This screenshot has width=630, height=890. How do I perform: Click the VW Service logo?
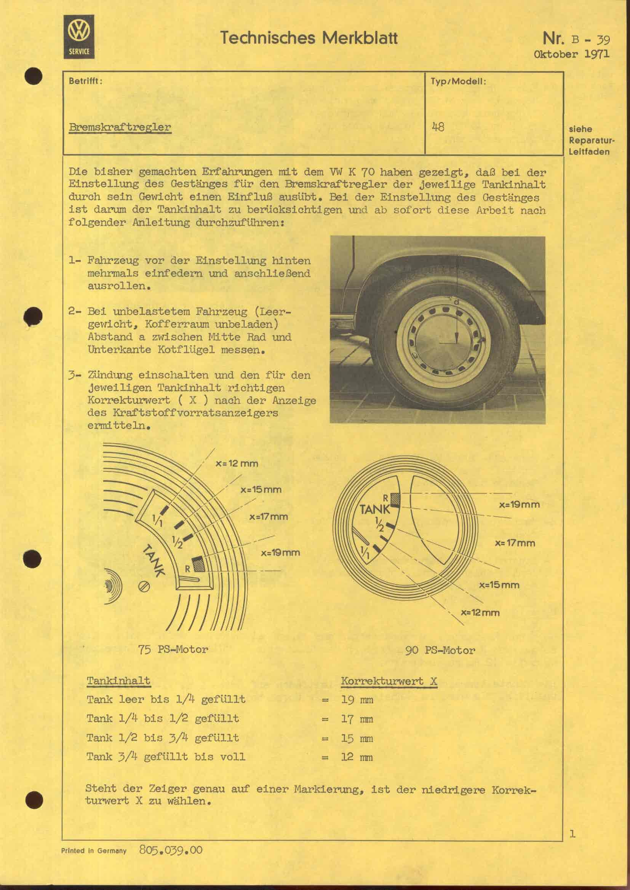pyautogui.click(x=79, y=37)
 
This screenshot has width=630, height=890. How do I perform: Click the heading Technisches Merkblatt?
pyautogui.click(x=309, y=38)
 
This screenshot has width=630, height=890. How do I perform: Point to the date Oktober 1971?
pyautogui.click(x=571, y=54)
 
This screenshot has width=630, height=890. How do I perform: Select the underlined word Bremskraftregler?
pyautogui.click(x=120, y=127)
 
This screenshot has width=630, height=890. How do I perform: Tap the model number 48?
pyautogui.click(x=438, y=127)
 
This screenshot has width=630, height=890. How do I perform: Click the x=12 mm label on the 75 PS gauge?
pyautogui.click(x=237, y=463)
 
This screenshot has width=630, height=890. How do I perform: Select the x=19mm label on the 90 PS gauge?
pyautogui.click(x=519, y=505)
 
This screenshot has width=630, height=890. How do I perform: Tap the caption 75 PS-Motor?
pyautogui.click(x=173, y=649)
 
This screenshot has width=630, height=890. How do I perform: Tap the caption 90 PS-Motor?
pyautogui.click(x=440, y=650)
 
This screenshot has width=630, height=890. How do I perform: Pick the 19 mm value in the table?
pyautogui.click(x=357, y=700)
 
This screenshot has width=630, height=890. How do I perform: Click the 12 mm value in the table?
pyautogui.click(x=357, y=757)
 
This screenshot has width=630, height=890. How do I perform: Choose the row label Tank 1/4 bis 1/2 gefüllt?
pyautogui.click(x=163, y=719)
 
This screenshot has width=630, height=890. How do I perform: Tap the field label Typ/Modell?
pyautogui.click(x=458, y=82)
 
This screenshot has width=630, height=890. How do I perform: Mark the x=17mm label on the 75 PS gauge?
pyautogui.click(x=269, y=517)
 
